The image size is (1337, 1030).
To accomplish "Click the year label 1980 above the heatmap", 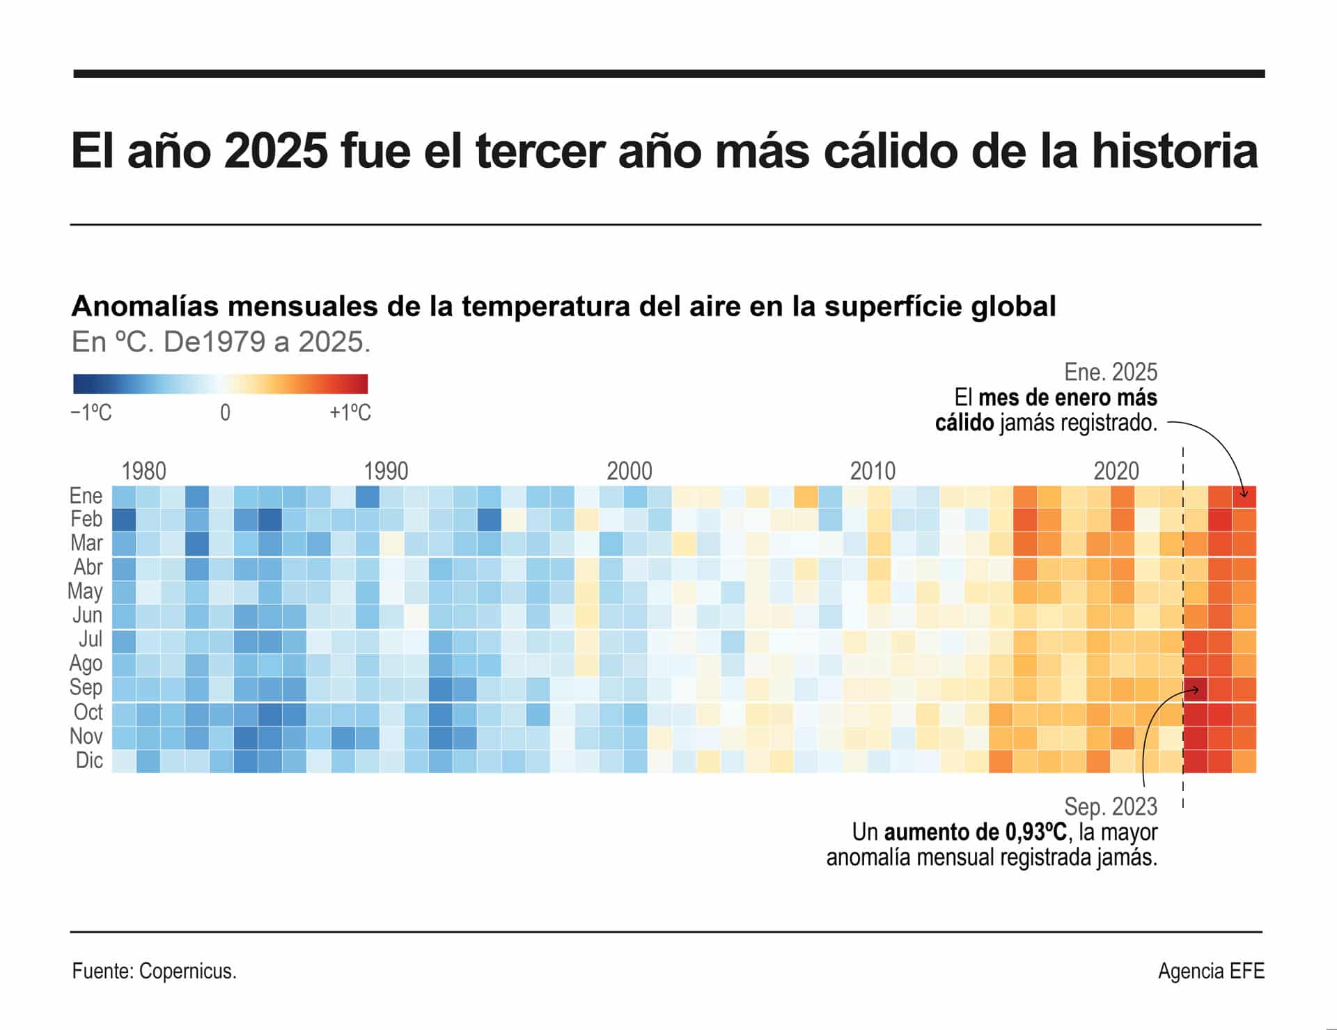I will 143,471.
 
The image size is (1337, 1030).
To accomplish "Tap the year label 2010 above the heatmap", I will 872,471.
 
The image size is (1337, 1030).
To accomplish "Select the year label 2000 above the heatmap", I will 629,471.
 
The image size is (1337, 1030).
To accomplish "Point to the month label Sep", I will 86,687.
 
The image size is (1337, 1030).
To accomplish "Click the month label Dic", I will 89,760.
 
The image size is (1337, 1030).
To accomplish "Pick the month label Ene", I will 86,496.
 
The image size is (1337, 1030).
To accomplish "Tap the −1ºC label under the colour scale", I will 91,413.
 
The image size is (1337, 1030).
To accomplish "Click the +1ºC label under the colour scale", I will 350,413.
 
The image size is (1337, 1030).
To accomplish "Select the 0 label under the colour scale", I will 225,413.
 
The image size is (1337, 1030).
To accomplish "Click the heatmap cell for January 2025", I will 1244,497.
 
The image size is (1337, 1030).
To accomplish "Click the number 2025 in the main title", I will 276,151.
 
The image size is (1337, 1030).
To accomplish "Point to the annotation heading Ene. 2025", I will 1111,372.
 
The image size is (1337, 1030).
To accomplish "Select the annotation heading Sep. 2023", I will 1111,806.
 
